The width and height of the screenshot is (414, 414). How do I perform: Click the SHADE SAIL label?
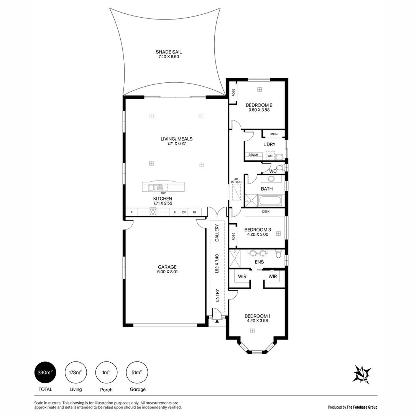tap(169, 54)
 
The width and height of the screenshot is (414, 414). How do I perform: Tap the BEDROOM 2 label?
tap(259, 107)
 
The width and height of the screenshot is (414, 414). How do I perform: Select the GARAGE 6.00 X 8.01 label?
tap(167, 269)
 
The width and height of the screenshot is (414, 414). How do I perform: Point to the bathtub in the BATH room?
tap(270, 200)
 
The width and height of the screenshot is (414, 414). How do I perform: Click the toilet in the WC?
tap(280, 168)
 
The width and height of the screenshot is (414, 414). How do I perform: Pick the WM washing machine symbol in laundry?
tap(270, 156)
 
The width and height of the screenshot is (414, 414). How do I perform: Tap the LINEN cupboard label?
tap(273, 134)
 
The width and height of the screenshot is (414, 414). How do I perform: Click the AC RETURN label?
tap(236, 181)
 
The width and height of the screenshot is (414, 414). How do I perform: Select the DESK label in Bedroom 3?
tap(265, 212)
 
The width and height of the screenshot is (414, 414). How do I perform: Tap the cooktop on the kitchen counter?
tap(153, 212)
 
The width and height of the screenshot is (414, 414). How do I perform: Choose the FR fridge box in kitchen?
tap(194, 212)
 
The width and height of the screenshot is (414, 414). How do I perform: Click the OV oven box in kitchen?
tap(184, 212)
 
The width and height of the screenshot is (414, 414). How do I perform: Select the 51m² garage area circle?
tap(137, 372)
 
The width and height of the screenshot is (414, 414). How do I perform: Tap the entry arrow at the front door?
tap(217, 321)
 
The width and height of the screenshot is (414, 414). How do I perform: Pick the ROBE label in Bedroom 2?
tap(233, 92)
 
